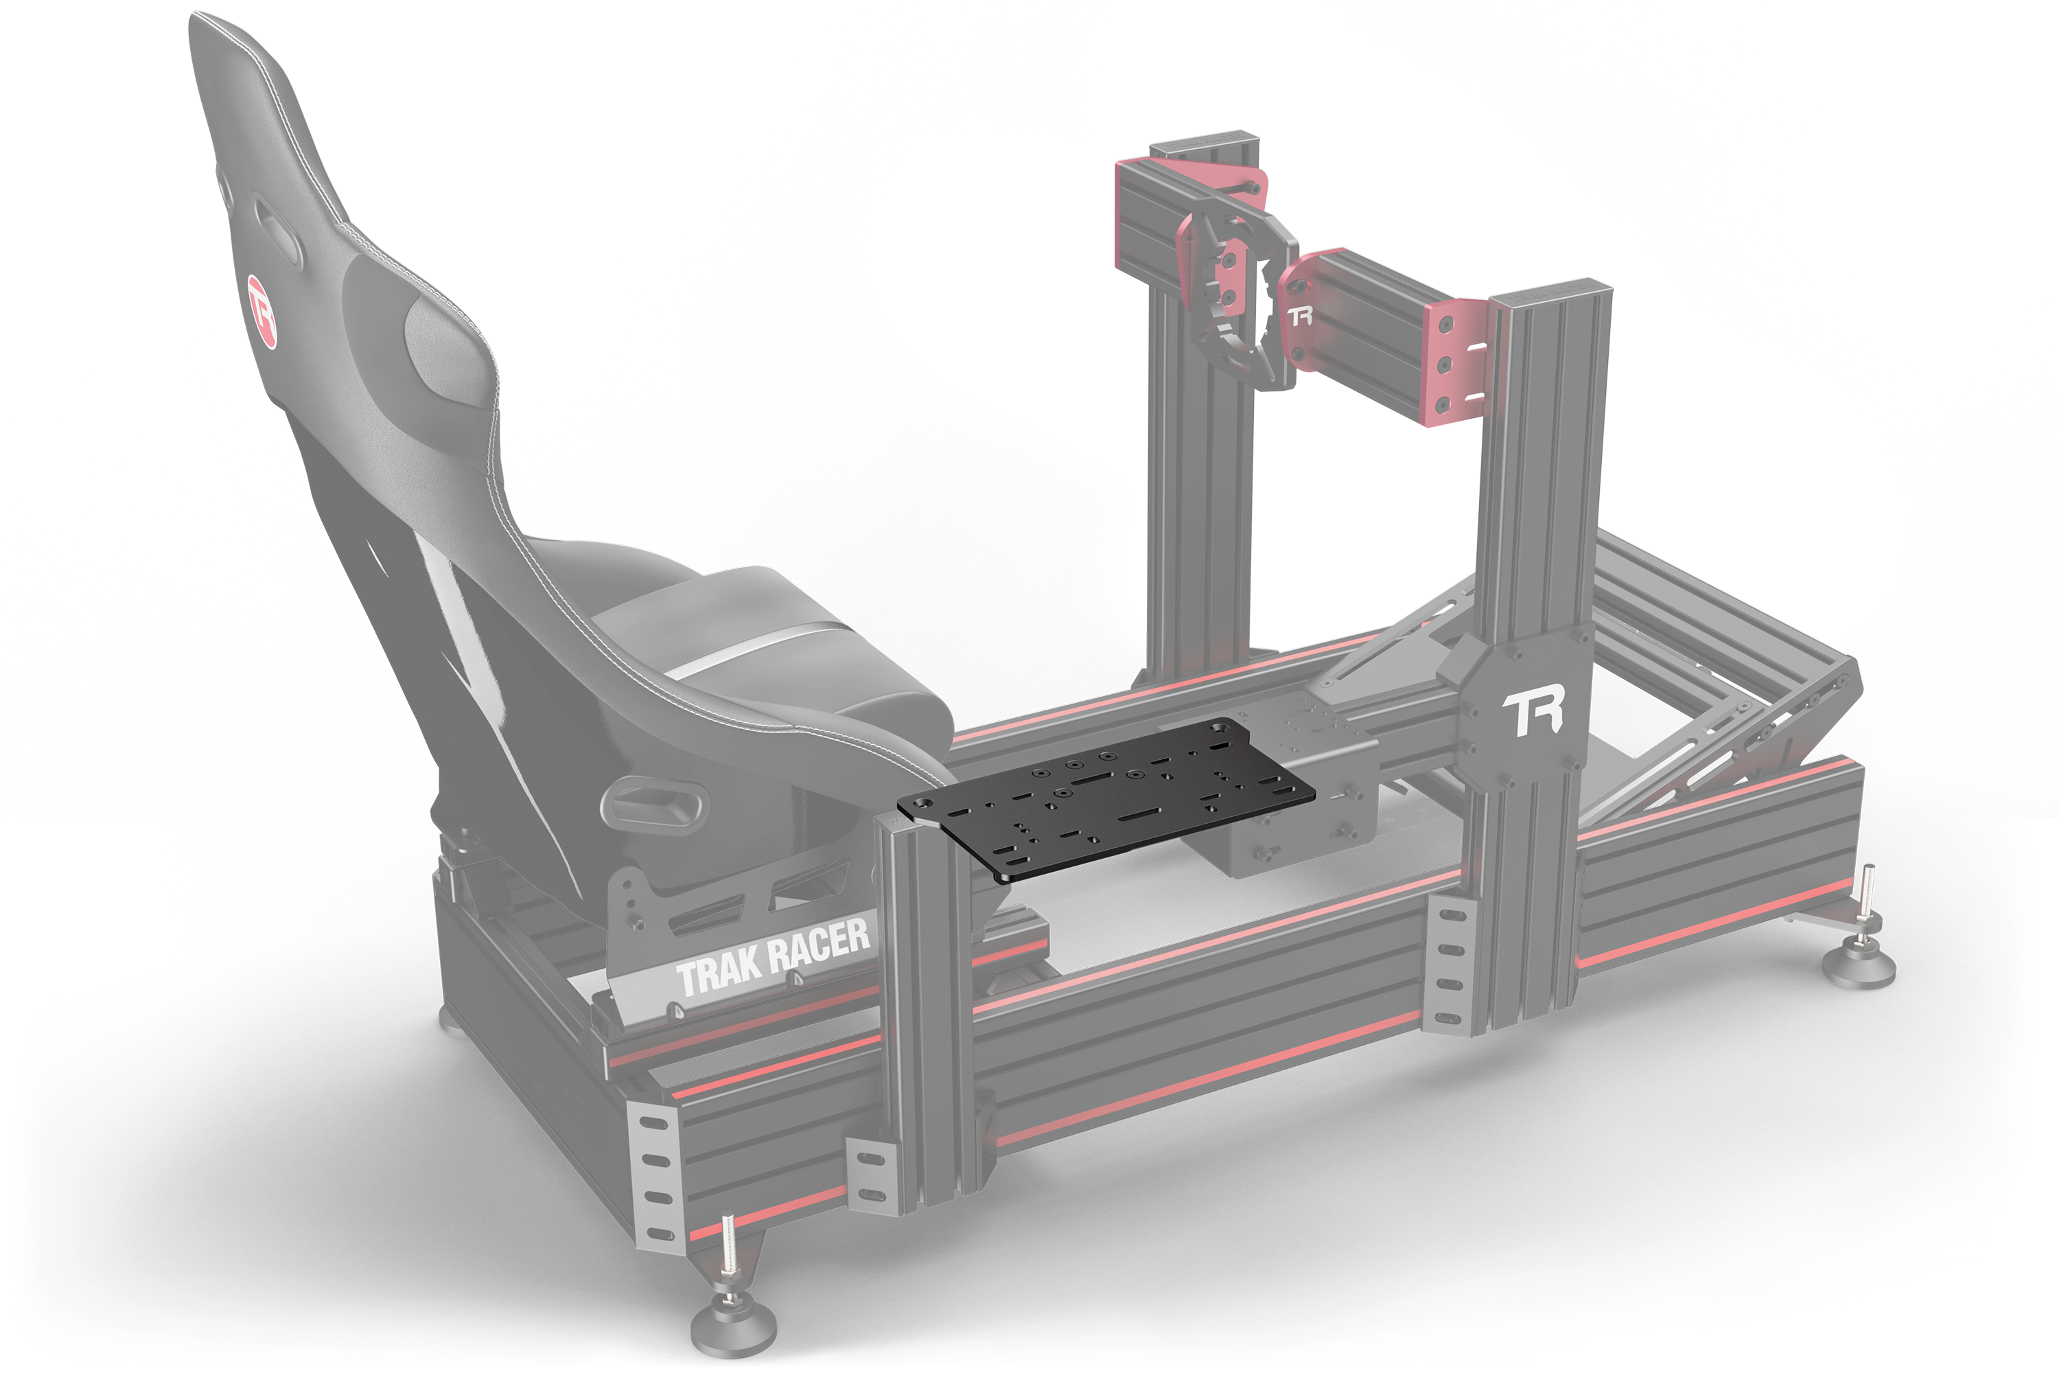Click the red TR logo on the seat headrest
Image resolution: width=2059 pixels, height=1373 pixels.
pyautogui.click(x=261, y=311)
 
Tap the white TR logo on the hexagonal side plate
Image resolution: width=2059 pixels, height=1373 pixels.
pyautogui.click(x=1533, y=715)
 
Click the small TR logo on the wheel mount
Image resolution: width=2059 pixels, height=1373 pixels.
pyautogui.click(x=1300, y=315)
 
